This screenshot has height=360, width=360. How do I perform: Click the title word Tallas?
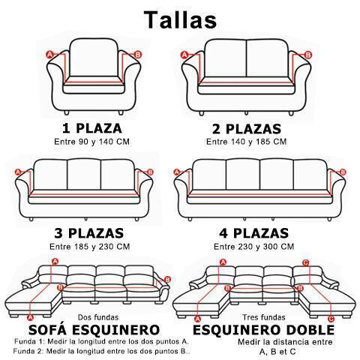[x=180, y=19]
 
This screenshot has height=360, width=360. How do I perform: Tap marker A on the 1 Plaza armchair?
[x=50, y=54]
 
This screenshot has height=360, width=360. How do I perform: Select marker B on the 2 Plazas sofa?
[x=308, y=55]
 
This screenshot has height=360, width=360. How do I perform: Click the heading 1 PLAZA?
[x=92, y=128]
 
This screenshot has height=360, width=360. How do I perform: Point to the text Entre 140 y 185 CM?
[x=246, y=142]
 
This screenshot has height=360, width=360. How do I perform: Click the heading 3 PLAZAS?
[x=89, y=233]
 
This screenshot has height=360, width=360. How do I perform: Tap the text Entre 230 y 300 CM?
[x=253, y=247]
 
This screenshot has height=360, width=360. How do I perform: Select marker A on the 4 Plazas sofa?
[x=177, y=172]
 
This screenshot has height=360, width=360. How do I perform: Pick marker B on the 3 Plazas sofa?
[x=150, y=172]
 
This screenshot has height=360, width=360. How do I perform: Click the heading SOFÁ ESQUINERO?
[x=94, y=330]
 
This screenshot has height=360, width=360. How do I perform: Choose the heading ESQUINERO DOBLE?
[x=263, y=330]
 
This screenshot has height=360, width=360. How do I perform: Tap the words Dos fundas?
[x=98, y=317]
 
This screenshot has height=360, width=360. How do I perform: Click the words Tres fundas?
[x=264, y=317]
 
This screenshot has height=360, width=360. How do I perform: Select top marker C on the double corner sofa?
[x=305, y=262]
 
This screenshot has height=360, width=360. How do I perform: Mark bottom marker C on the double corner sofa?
[x=331, y=319]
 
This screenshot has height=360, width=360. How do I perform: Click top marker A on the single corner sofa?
[x=55, y=262]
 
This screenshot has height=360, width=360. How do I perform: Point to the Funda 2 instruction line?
[x=101, y=351]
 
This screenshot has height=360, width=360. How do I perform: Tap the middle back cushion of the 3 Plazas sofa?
[x=84, y=175]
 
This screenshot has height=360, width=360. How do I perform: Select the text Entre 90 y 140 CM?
[x=92, y=142]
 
